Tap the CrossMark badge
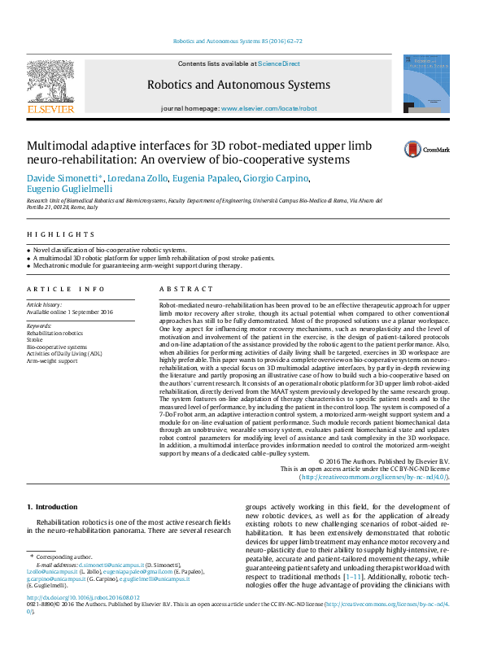[x=426, y=149]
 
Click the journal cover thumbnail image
[x=425, y=84]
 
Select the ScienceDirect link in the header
[x=279, y=63]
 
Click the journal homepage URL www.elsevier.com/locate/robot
[x=268, y=108]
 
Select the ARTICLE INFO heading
[x=66, y=289]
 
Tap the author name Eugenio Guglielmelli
[x=72, y=190]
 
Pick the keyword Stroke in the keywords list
[x=35, y=340]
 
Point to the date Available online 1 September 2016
[x=70, y=312]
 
